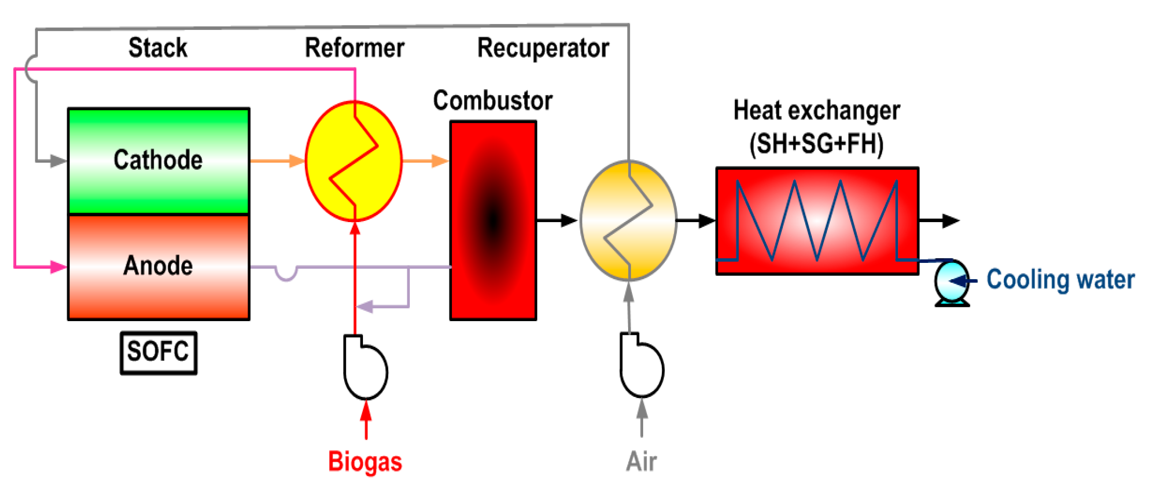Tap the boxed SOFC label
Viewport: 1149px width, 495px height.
pos(158,352)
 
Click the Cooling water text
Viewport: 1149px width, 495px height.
pos(1060,280)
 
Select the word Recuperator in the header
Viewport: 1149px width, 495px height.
pos(543,48)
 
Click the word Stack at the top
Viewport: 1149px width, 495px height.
pos(158,47)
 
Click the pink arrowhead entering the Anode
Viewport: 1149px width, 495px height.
pos(58,267)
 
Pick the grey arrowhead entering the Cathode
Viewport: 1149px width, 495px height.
pos(58,161)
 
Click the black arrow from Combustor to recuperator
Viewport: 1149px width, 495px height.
pos(557,220)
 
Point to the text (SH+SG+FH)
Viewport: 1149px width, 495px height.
pos(816,144)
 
